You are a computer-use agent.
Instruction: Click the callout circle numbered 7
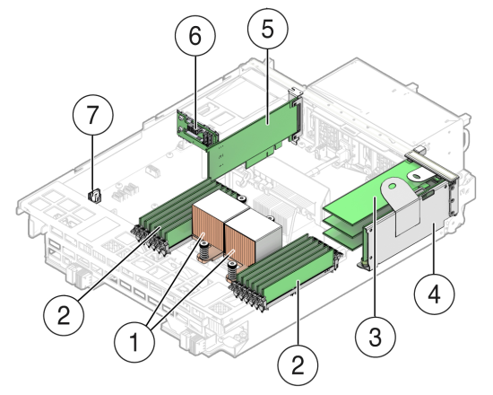coord(92,115)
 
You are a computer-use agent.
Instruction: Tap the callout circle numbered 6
coord(195,36)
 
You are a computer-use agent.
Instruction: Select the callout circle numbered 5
coord(268,29)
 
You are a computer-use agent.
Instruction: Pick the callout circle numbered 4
coord(435,294)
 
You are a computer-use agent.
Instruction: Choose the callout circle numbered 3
coord(376,337)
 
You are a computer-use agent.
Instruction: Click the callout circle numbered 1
coord(134,342)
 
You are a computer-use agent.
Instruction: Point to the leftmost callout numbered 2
coord(64,315)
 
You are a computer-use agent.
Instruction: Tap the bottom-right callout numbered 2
coord(298,365)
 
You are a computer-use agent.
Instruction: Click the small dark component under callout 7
coord(94,196)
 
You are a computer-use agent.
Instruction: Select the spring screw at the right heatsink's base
coord(232,270)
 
